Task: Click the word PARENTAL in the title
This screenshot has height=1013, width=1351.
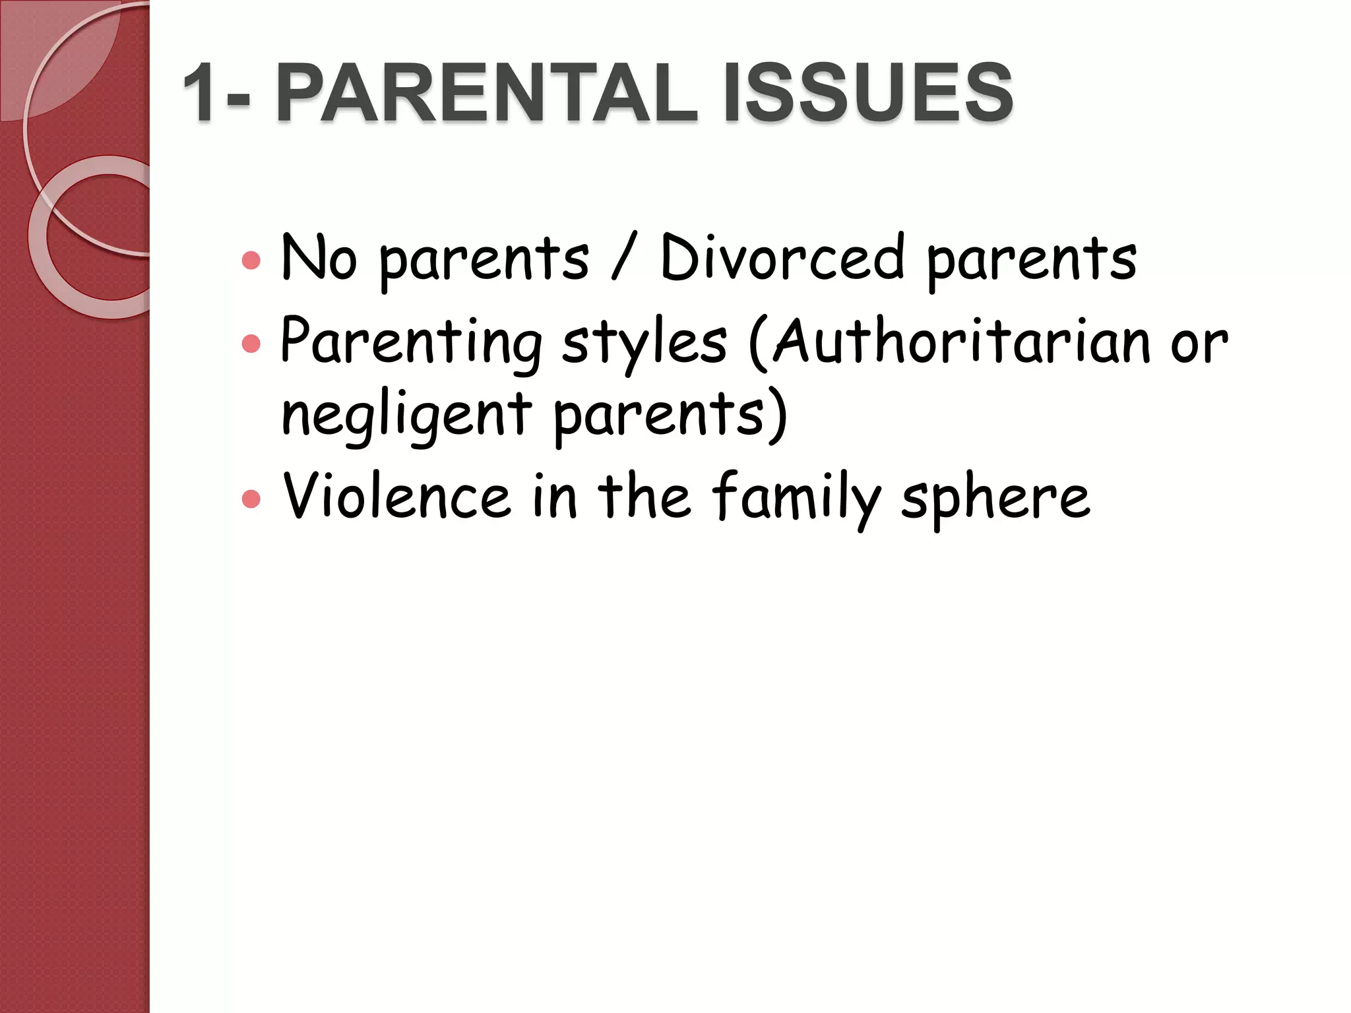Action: click(x=486, y=93)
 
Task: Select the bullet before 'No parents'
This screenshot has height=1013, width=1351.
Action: click(x=251, y=261)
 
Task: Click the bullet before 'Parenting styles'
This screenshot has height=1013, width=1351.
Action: click(x=251, y=344)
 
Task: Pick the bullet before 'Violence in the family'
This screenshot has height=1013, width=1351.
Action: click(x=251, y=499)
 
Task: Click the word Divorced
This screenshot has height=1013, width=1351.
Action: click(x=782, y=259)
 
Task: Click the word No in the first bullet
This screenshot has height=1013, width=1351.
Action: click(x=319, y=259)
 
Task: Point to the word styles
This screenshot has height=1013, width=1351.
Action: click(x=644, y=344)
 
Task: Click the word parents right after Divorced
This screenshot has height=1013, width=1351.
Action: click(x=1032, y=261)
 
